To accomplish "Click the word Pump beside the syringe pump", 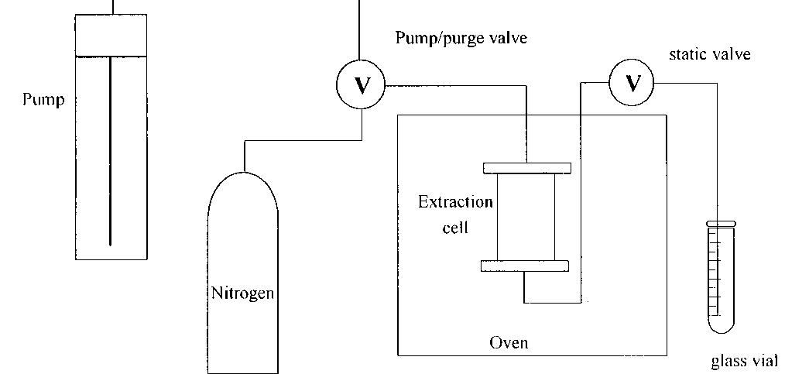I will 43,100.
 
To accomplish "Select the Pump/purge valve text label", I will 461,37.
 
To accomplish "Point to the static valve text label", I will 709,54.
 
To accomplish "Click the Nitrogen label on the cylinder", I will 242,293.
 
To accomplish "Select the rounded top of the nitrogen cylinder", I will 242,186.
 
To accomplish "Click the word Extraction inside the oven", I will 455,203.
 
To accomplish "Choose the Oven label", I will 509,341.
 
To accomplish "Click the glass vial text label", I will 745,362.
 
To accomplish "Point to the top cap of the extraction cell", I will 526,168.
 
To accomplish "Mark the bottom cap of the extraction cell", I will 525,266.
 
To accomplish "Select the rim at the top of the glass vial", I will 720,223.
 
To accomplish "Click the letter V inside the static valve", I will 632,82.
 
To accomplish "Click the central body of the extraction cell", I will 526,217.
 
